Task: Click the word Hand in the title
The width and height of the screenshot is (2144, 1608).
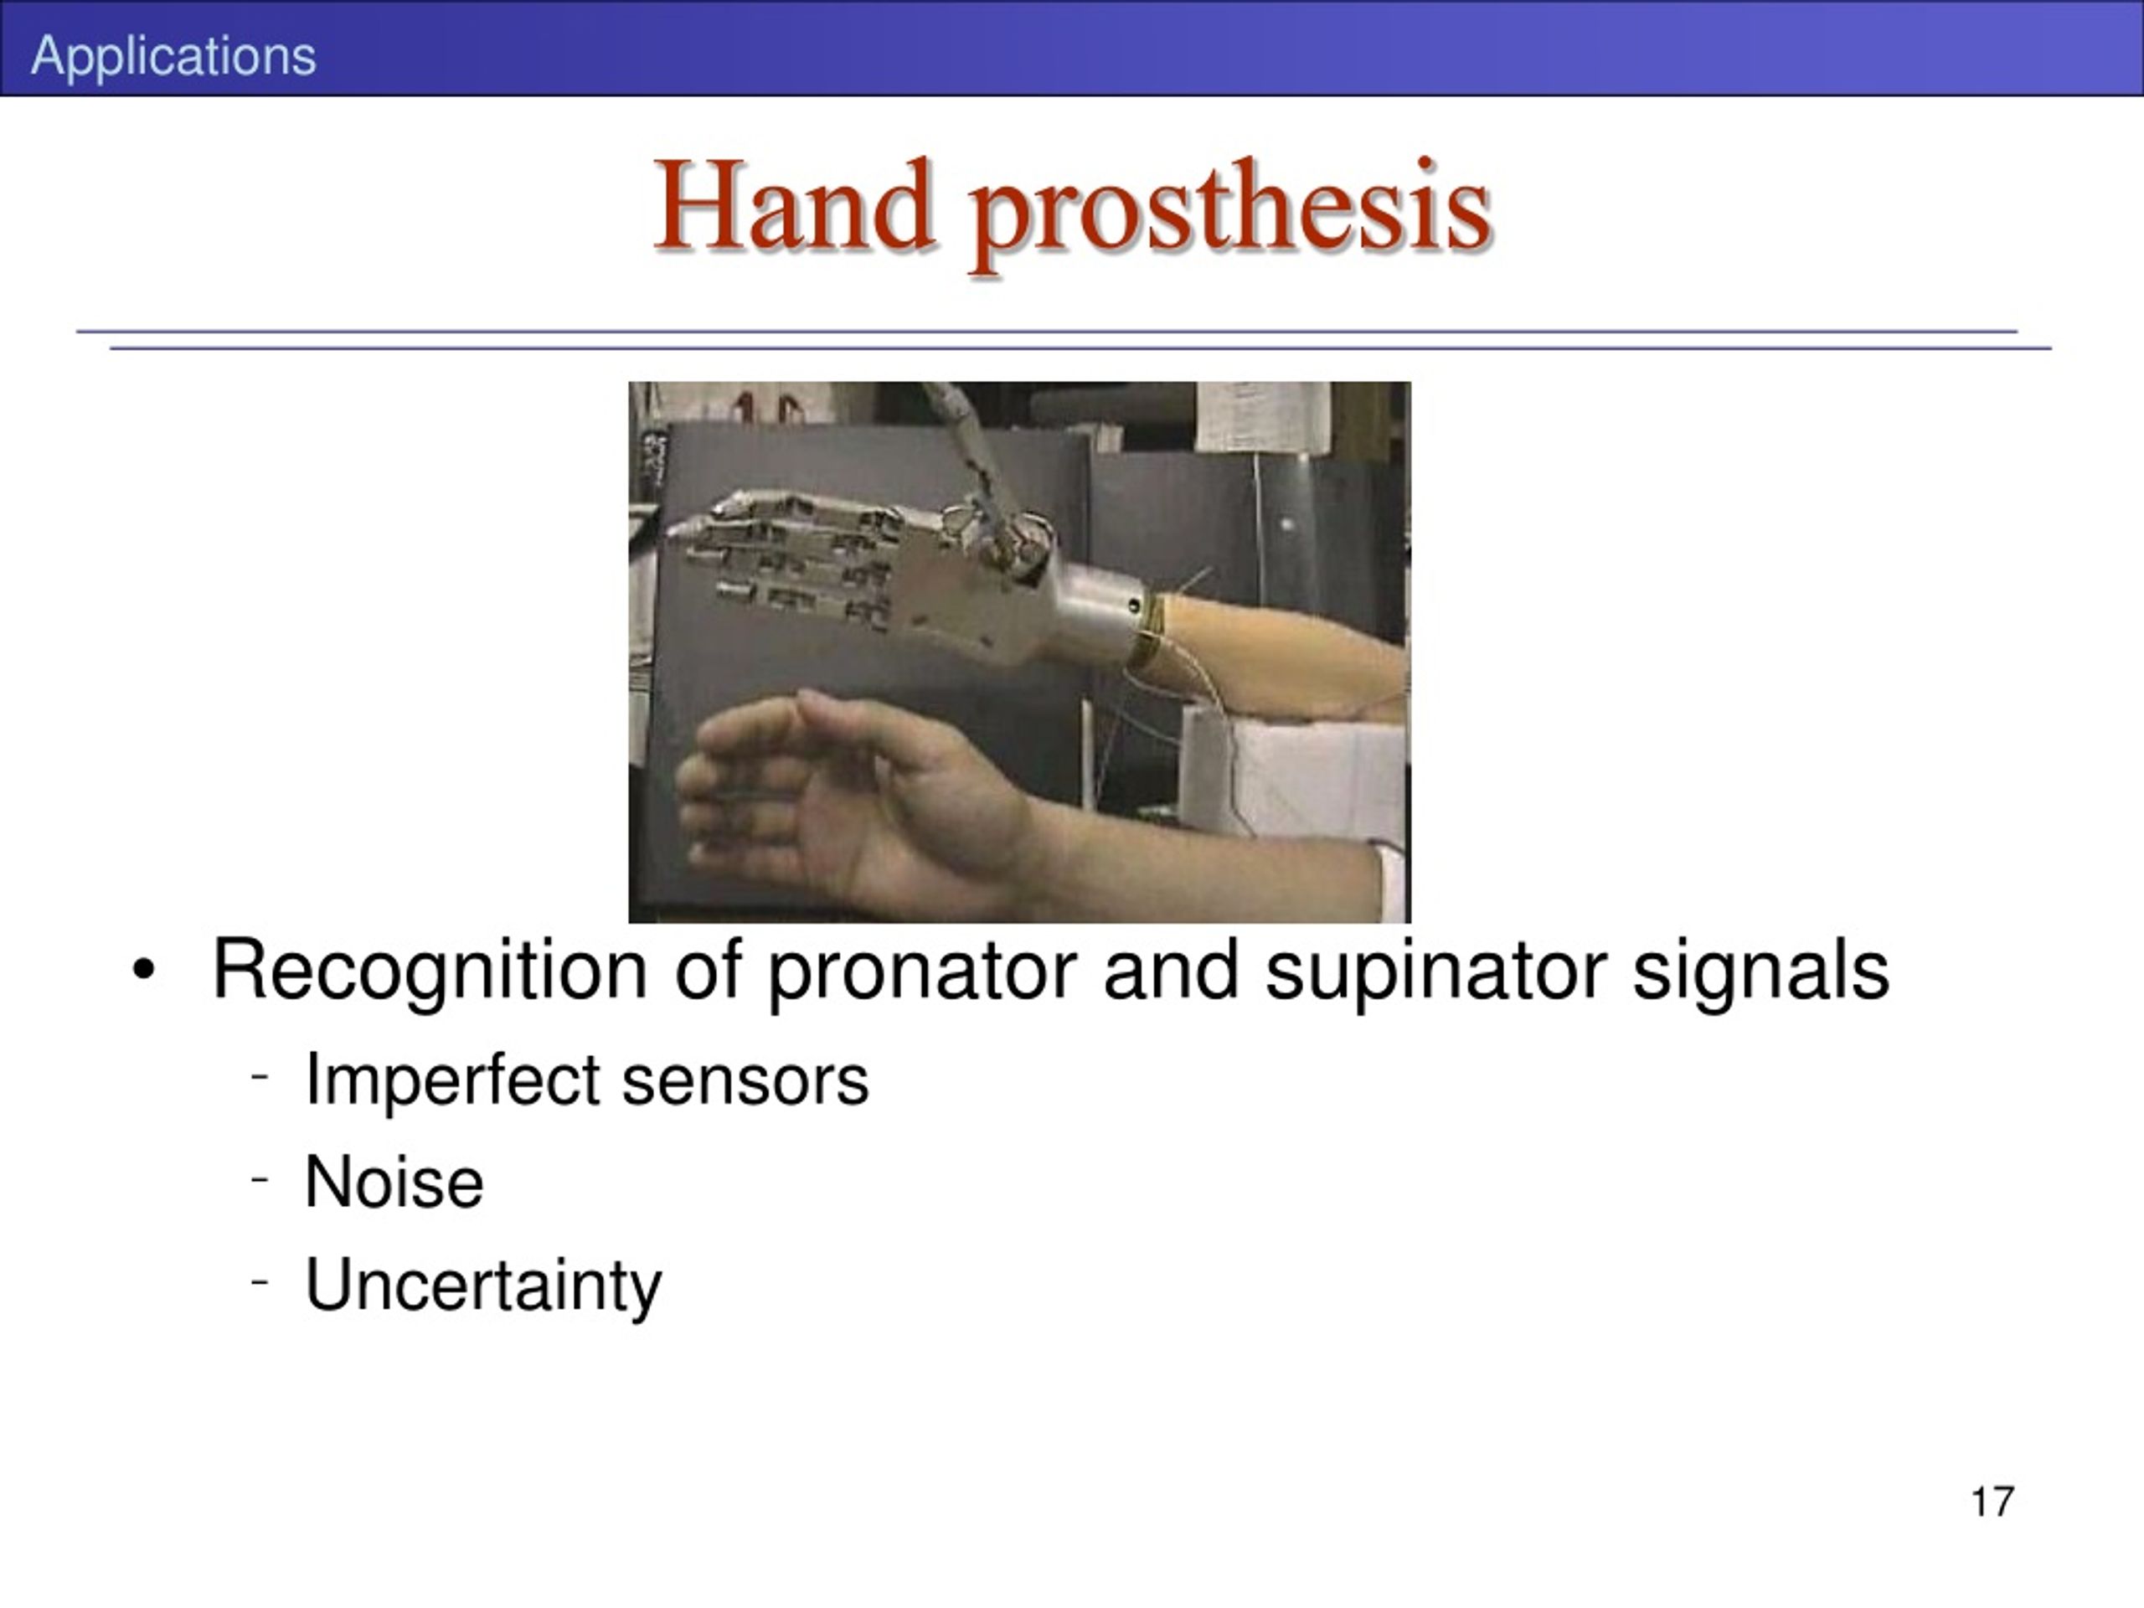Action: (794, 204)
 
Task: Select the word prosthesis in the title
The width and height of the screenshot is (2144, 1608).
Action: (1231, 214)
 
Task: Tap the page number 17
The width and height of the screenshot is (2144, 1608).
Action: (1992, 1502)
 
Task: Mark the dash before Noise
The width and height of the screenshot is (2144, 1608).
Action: (259, 1179)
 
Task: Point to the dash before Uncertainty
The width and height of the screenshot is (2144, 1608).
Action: (259, 1281)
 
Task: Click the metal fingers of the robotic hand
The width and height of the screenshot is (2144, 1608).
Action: (790, 557)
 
